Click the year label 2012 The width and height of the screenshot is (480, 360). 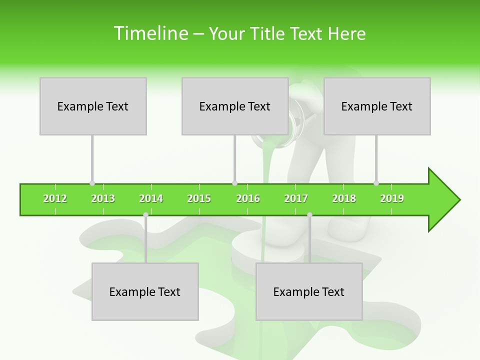tap(55, 198)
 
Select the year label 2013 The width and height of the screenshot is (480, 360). tap(103, 198)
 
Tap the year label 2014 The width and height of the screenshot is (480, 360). tap(151, 198)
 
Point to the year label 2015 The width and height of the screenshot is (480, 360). tap(199, 198)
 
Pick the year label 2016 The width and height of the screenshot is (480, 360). tap(248, 198)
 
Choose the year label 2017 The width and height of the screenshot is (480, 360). tap(296, 198)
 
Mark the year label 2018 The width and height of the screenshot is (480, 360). tap(344, 198)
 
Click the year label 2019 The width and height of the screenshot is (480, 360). tap(392, 198)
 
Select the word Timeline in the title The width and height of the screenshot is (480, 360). tap(150, 33)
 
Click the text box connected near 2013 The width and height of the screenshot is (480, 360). tap(93, 106)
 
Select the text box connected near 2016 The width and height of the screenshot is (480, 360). tap(235, 106)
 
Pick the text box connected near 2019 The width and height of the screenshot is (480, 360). tap(377, 106)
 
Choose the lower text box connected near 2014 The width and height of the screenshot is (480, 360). tap(145, 291)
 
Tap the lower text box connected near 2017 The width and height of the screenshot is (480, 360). tap(309, 291)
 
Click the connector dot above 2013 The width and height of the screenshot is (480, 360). tap(92, 183)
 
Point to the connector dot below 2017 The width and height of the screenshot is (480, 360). tap(309, 214)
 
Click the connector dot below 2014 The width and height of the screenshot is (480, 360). tap(145, 214)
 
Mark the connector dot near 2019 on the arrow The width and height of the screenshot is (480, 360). tap(376, 183)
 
